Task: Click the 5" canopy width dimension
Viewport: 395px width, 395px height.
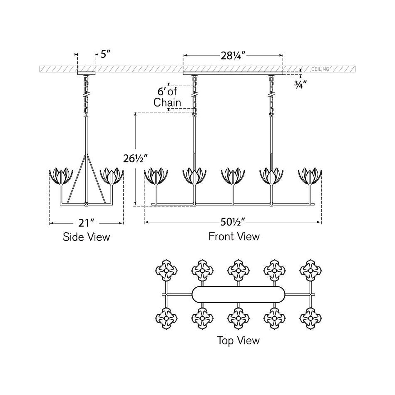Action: click(x=105, y=54)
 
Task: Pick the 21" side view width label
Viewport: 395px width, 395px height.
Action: click(x=86, y=223)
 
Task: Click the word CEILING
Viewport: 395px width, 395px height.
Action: click(x=320, y=69)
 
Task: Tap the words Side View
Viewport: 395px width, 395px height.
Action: click(x=86, y=237)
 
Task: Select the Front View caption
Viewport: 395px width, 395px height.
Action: click(x=234, y=236)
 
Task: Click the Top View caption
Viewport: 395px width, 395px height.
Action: click(x=238, y=341)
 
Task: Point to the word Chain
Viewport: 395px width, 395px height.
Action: click(x=167, y=103)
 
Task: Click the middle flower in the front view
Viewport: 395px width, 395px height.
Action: click(x=233, y=176)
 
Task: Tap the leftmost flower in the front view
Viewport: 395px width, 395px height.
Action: click(x=156, y=176)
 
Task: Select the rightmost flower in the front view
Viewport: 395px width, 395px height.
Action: click(x=310, y=176)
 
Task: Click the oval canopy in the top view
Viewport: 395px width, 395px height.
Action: click(x=238, y=294)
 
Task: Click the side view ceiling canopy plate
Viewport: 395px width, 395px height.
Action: click(x=86, y=73)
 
